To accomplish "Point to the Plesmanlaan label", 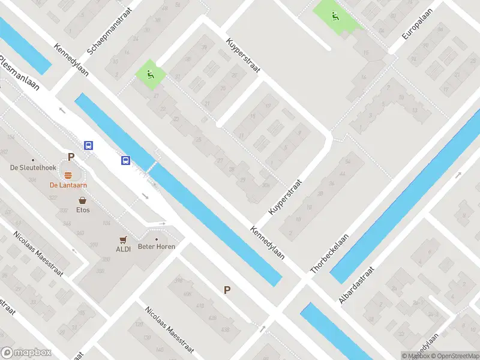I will coord(19,72).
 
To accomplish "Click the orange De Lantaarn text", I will coord(69,185).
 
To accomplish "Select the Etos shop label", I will coord(83,210).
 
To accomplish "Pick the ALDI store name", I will coord(123,248).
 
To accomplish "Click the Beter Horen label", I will coord(155,247).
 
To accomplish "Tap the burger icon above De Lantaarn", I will coord(68,175).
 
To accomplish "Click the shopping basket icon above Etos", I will coord(82,200).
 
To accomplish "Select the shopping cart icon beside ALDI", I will coord(123,239).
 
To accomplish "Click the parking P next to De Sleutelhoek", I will coord(71,157).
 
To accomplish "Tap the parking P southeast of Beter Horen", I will coord(227,290).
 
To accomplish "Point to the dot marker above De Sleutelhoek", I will coord(33,160).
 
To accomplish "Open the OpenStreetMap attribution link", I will coord(449,356).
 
